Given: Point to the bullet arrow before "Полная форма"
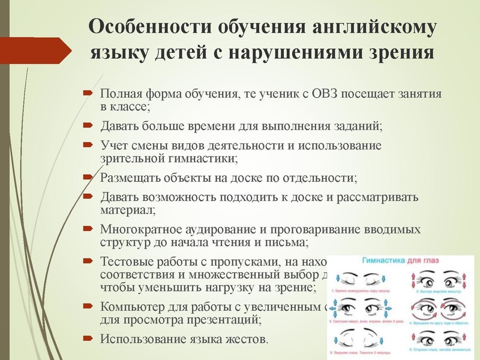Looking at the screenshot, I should [x=87, y=94].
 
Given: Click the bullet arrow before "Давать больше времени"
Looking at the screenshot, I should [x=87, y=125].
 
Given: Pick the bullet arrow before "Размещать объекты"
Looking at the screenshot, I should [x=87, y=178].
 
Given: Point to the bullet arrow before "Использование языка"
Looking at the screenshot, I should [x=87, y=339].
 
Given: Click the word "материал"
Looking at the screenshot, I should [x=126, y=210].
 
